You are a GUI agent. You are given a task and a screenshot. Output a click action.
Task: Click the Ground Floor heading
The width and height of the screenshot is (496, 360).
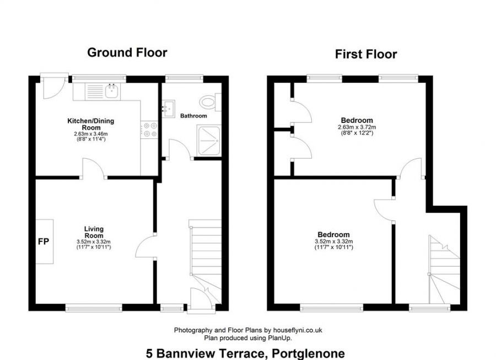[127, 53]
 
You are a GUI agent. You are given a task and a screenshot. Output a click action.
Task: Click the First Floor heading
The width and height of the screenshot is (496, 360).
[366, 54]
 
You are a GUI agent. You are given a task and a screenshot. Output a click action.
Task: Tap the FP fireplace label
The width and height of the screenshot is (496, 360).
[44, 241]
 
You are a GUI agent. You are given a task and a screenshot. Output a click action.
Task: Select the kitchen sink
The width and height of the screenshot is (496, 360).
[112, 90]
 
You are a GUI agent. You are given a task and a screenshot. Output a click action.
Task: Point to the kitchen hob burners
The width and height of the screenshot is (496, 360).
[150, 129]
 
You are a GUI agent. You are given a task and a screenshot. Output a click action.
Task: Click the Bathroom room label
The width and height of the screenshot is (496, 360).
[193, 116]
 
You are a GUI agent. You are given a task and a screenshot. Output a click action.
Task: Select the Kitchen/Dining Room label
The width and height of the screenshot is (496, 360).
[90, 123]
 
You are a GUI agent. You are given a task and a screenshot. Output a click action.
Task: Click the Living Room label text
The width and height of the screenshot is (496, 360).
[94, 232]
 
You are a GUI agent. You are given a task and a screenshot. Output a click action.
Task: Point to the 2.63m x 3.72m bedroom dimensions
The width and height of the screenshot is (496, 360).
[357, 127]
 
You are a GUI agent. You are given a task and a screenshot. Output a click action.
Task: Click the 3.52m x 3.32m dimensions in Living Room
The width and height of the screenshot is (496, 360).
[94, 241]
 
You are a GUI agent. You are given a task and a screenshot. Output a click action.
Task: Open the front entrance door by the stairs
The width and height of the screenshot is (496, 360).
[199, 298]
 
